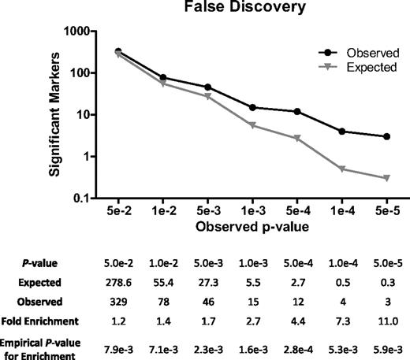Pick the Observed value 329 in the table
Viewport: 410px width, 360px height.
pos(118,300)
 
